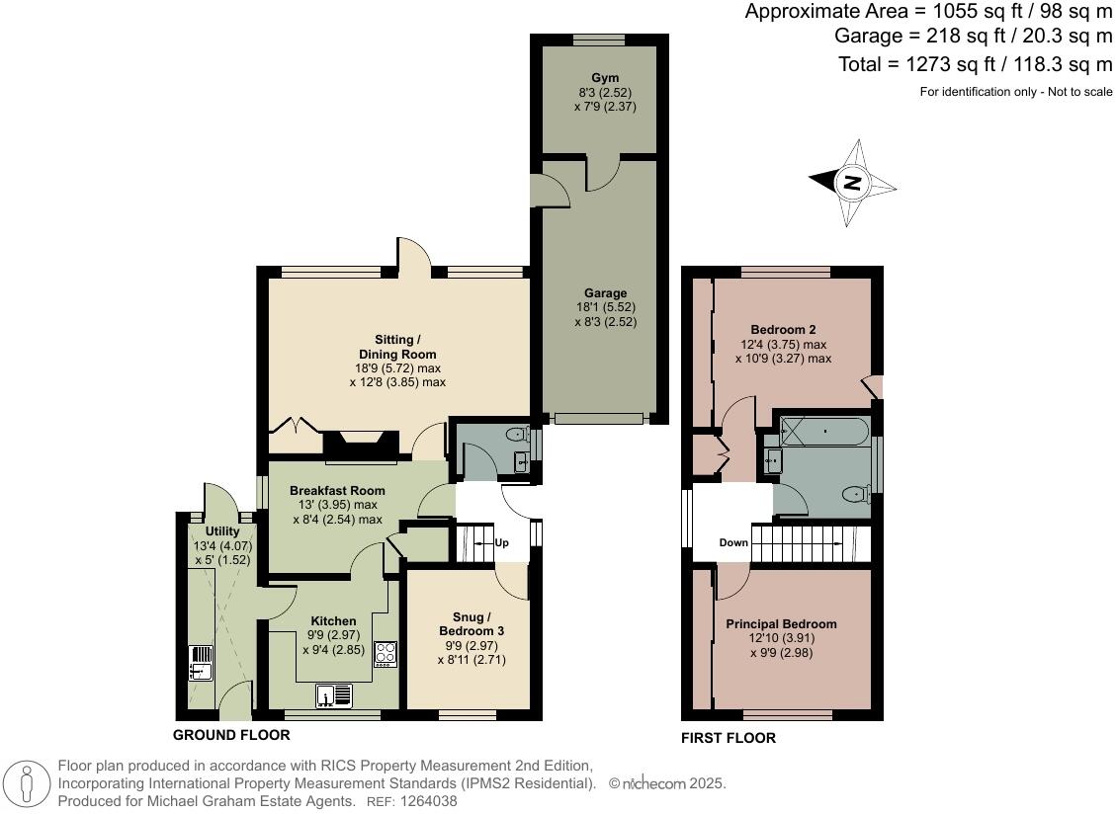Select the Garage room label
(x=605, y=293)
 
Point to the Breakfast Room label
(x=337, y=490)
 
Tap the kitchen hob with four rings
(x=385, y=654)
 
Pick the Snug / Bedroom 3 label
(x=472, y=624)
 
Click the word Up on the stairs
(x=502, y=543)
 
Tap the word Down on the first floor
(x=733, y=542)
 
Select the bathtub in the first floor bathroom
(x=823, y=430)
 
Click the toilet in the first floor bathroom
(x=855, y=493)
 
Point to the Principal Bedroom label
(x=781, y=624)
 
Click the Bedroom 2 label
(x=783, y=329)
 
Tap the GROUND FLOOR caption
(x=231, y=735)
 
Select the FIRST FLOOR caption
(x=729, y=738)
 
